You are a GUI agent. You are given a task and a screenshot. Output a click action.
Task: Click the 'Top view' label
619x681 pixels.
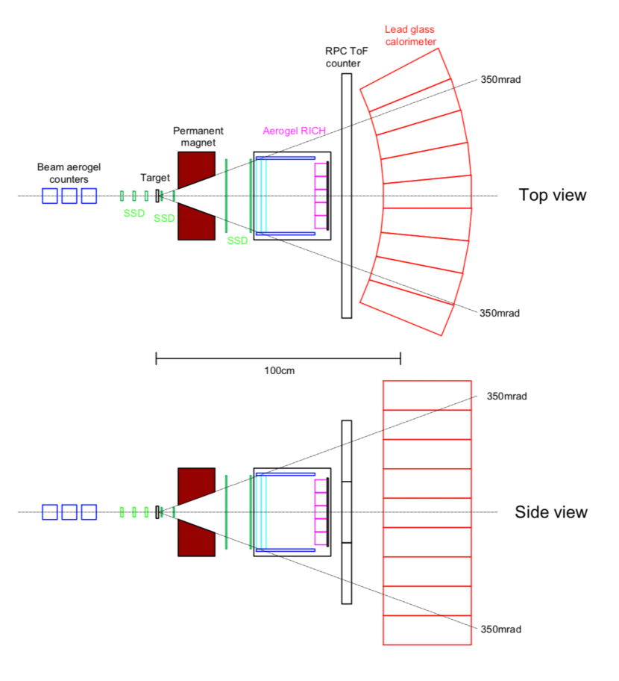click(x=552, y=196)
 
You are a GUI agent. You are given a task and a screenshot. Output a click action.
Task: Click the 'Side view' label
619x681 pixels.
click(x=550, y=512)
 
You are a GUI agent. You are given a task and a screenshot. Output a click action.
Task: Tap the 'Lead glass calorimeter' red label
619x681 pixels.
click(x=411, y=35)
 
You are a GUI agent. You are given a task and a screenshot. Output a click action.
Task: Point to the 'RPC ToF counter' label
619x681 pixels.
click(x=342, y=57)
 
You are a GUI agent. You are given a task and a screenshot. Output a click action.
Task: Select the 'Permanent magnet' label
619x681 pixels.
click(x=198, y=136)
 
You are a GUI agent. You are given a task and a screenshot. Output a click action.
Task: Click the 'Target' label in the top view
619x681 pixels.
click(x=155, y=178)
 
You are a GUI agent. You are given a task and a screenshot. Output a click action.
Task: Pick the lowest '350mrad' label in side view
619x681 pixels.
click(x=500, y=629)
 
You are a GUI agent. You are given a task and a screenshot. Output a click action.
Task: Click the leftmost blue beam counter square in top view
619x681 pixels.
click(x=50, y=196)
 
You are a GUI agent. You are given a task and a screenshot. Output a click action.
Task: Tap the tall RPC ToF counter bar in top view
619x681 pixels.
click(x=346, y=196)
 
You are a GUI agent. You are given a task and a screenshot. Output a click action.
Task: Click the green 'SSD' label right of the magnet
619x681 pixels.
click(x=237, y=240)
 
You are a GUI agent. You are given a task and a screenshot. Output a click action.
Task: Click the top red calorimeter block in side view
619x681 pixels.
click(x=427, y=395)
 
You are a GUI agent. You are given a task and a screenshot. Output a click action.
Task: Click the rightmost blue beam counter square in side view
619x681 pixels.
click(x=89, y=512)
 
